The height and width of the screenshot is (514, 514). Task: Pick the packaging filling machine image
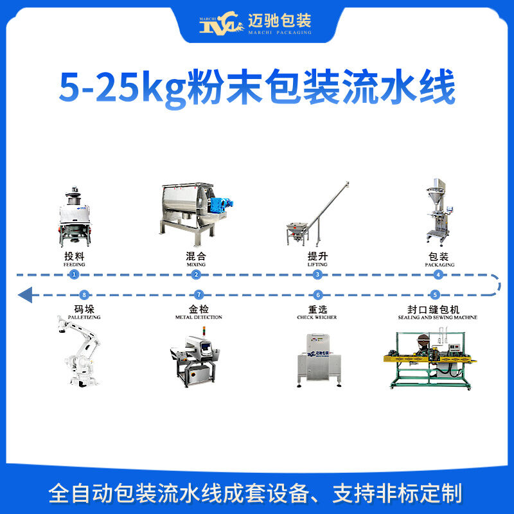pyautogui.click(x=439, y=212)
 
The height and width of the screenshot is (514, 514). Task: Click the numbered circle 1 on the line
pyautogui.click(x=74, y=274)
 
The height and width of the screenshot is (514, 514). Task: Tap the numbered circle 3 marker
pyautogui.click(x=317, y=274)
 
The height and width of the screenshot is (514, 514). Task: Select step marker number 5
pyautogui.click(x=436, y=295)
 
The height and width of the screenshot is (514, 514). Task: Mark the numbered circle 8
pyautogui.click(x=74, y=295)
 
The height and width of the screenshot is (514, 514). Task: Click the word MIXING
pyautogui.click(x=196, y=264)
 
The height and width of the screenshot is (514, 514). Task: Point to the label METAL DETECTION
pyautogui.click(x=199, y=317)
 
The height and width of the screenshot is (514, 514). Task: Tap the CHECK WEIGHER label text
pyautogui.click(x=317, y=317)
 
